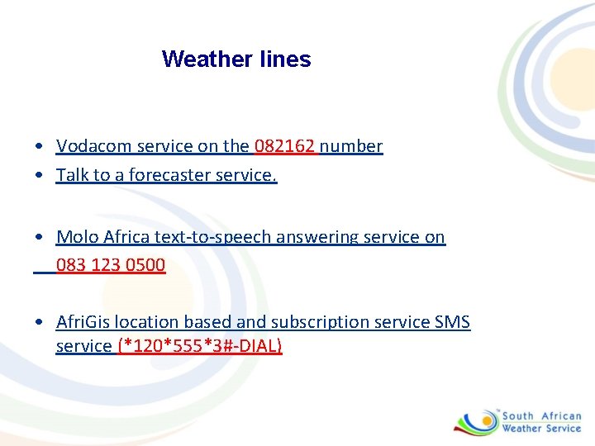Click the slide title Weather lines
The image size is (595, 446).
point(236,59)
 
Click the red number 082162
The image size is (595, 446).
point(285,147)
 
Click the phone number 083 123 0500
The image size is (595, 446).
point(111,265)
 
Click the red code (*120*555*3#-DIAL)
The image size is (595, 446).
point(200,346)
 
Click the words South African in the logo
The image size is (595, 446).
point(541,416)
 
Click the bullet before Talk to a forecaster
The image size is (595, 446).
point(40,176)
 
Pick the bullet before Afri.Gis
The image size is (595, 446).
point(40,323)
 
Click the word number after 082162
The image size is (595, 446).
point(351,147)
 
